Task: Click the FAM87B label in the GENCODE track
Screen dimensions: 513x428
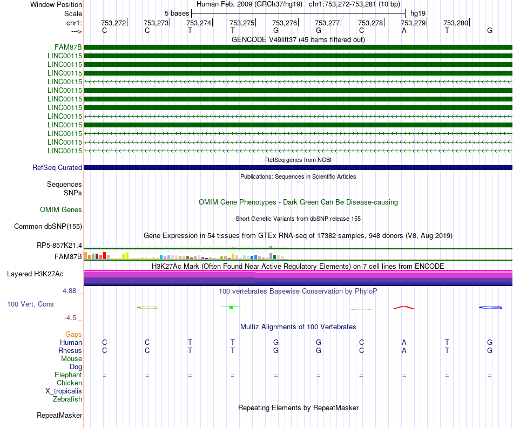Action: pos(68,47)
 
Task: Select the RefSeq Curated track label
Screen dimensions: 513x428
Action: pos(57,167)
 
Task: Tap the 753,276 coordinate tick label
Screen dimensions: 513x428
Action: pos(284,23)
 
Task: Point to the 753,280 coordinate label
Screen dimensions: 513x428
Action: pos(456,23)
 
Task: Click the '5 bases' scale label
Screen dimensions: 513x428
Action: pos(177,13)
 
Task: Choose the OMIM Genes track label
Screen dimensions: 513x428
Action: pos(61,209)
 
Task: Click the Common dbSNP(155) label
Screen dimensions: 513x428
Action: pos(48,226)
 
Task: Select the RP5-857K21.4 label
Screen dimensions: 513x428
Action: pos(59,245)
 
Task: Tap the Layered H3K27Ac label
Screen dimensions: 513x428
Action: pos(35,274)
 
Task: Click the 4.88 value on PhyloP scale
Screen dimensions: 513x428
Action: pos(69,291)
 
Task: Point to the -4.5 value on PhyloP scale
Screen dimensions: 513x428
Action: pos(70,318)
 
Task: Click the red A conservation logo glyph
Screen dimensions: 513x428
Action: pos(404,307)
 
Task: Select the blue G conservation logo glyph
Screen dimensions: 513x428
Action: pos(490,307)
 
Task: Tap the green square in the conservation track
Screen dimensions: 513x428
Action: pos(231,307)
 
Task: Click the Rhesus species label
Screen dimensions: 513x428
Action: pos(70,350)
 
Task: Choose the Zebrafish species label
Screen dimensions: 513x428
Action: pos(67,399)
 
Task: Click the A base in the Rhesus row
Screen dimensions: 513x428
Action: pos(404,350)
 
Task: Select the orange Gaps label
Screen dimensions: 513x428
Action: pos(73,335)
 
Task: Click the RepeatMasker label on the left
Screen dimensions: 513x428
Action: pos(59,415)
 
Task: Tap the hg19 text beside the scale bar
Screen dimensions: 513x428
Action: pos(418,13)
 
